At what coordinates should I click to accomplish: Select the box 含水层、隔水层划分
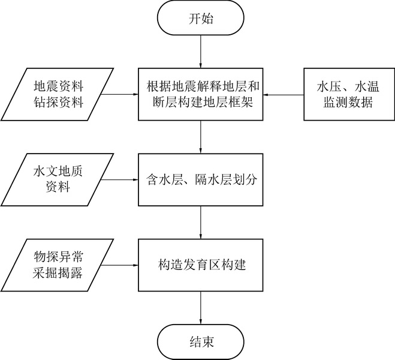200,179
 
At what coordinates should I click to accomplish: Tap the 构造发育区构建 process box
200,263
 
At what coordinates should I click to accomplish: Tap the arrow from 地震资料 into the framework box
119,94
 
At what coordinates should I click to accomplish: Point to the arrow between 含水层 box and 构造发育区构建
200,221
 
